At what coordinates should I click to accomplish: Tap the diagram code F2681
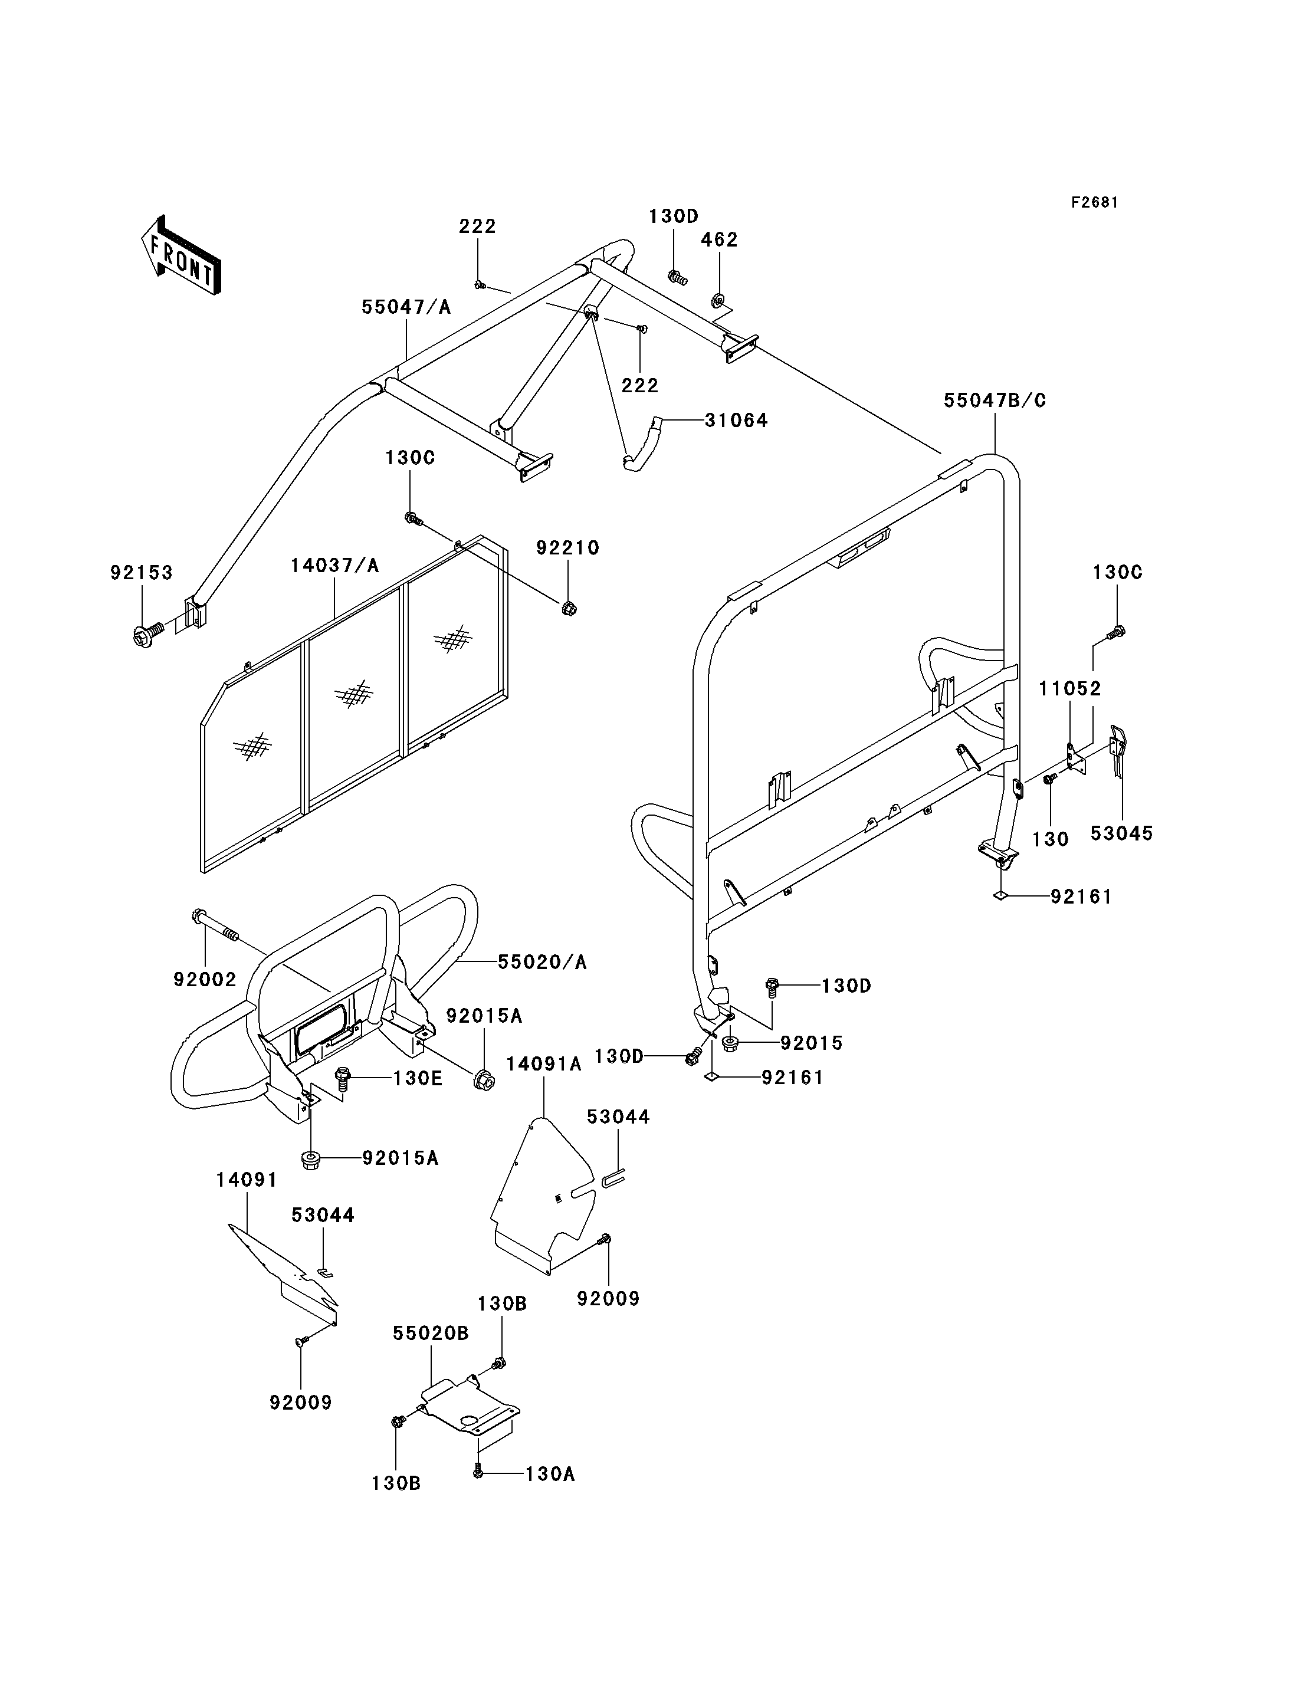[x=1094, y=202]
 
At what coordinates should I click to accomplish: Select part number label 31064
[x=737, y=421]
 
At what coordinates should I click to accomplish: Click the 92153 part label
[x=142, y=573]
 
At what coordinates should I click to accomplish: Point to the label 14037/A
[x=335, y=566]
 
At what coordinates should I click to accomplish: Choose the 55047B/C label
[x=995, y=400]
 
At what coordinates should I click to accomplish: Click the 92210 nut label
[x=568, y=547]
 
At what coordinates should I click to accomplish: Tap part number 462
[x=720, y=239]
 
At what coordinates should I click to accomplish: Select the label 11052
[x=1071, y=688]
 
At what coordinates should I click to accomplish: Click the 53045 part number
[x=1121, y=833]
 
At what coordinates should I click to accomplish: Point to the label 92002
[x=205, y=979]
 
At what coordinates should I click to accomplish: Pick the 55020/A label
[x=543, y=961]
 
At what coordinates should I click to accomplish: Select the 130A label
[x=550, y=1473]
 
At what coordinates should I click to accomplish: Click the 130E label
[x=418, y=1078]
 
